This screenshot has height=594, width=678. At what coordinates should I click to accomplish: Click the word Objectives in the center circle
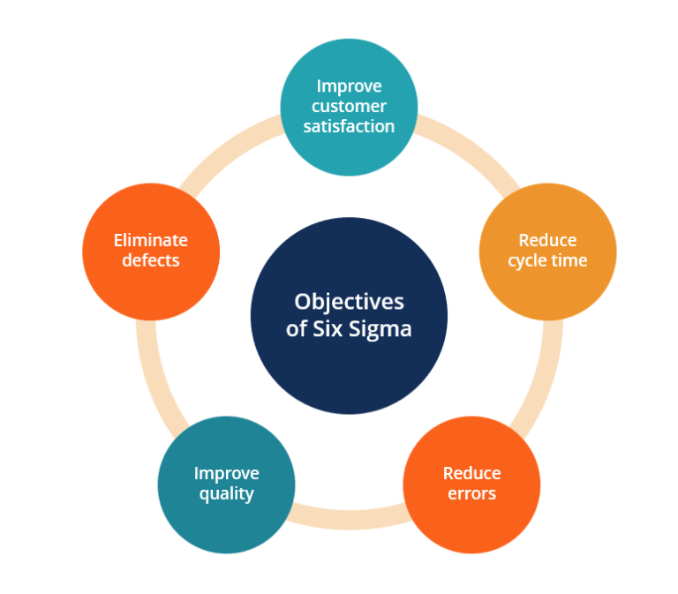tap(350, 302)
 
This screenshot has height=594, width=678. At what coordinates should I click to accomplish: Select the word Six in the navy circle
tap(332, 329)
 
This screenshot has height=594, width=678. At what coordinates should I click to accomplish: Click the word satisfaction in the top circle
tap(349, 126)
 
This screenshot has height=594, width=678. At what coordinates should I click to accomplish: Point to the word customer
tap(349, 106)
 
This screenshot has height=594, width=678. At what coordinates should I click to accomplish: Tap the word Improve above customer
tap(349, 86)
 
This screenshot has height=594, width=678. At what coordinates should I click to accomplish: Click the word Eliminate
tap(151, 240)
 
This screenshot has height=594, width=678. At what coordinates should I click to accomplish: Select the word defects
tap(151, 260)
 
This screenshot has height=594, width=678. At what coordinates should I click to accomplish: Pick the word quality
tap(226, 493)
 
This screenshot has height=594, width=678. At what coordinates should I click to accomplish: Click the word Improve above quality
tap(226, 473)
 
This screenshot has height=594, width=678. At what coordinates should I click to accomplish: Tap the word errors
tap(471, 493)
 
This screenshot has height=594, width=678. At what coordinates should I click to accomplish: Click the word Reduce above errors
tap(471, 473)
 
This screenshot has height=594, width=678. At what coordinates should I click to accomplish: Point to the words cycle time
tap(547, 260)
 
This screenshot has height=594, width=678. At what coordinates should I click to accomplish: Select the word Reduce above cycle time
tap(547, 240)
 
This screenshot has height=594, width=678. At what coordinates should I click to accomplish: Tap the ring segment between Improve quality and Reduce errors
tap(349, 520)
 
